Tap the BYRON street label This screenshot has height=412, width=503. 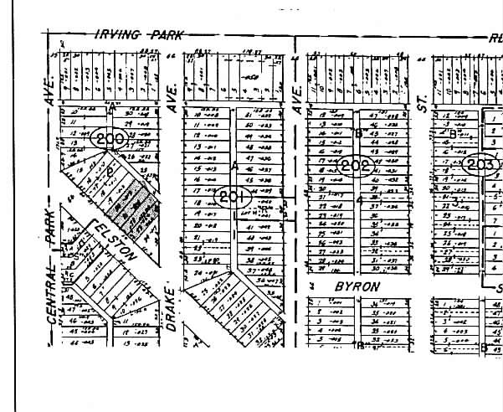(x=357, y=286)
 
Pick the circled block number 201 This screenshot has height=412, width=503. (x=234, y=197)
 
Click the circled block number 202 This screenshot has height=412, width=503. (x=355, y=165)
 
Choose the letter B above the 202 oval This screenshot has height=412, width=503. (x=358, y=133)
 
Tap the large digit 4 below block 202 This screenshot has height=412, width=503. (x=360, y=201)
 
